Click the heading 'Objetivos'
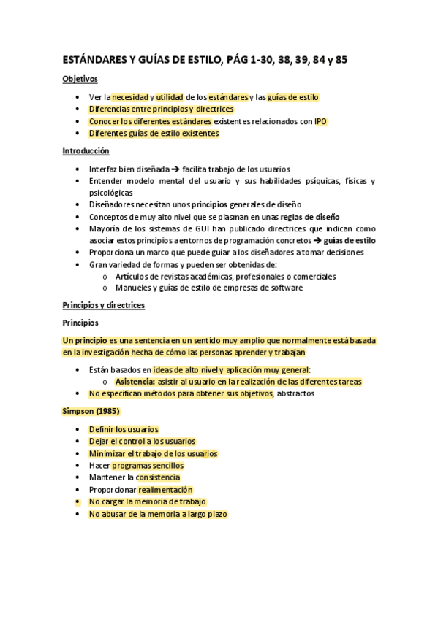(x=80, y=79)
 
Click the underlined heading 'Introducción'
(x=86, y=151)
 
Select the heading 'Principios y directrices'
(x=103, y=305)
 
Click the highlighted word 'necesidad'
(x=129, y=97)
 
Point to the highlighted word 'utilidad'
(x=169, y=97)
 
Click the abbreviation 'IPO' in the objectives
(x=321, y=121)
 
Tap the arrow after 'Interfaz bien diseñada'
(x=175, y=169)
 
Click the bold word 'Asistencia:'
(x=135, y=382)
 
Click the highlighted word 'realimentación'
(x=165, y=490)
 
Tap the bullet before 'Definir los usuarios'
(x=78, y=430)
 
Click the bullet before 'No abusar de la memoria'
(x=78, y=514)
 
